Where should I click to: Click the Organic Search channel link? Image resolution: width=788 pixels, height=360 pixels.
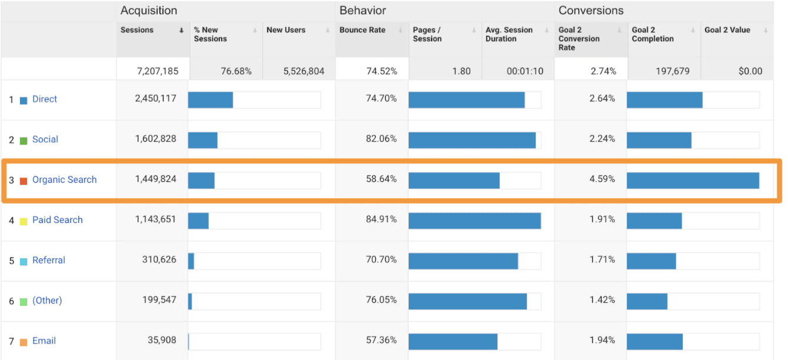pos(64,180)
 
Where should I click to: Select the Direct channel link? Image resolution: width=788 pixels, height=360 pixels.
pos(45,99)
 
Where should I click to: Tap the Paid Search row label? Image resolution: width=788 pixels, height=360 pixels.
pos(57,220)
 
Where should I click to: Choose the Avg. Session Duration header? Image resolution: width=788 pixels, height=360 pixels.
pos(509,35)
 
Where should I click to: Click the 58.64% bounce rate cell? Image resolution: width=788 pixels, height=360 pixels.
pos(381,179)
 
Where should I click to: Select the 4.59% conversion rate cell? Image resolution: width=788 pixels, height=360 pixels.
pos(602,179)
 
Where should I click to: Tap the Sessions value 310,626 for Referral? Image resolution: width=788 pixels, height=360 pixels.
pos(159,259)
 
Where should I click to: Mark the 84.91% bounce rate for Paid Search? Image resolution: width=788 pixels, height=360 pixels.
pos(381,219)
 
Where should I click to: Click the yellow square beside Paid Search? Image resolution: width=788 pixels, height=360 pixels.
pos(24,221)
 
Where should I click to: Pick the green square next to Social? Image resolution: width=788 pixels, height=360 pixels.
pos(24,141)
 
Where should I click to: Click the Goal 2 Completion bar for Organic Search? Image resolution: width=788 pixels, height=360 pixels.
pos(693,181)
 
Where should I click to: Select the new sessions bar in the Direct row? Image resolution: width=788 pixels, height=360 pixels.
pos(211,100)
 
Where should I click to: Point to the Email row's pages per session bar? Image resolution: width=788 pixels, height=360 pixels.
pos(453,342)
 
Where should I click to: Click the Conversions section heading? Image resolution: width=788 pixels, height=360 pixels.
pos(591,11)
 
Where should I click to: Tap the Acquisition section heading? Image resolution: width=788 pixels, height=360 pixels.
pos(149,11)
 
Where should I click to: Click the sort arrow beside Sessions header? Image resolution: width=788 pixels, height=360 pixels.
pos(182,31)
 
